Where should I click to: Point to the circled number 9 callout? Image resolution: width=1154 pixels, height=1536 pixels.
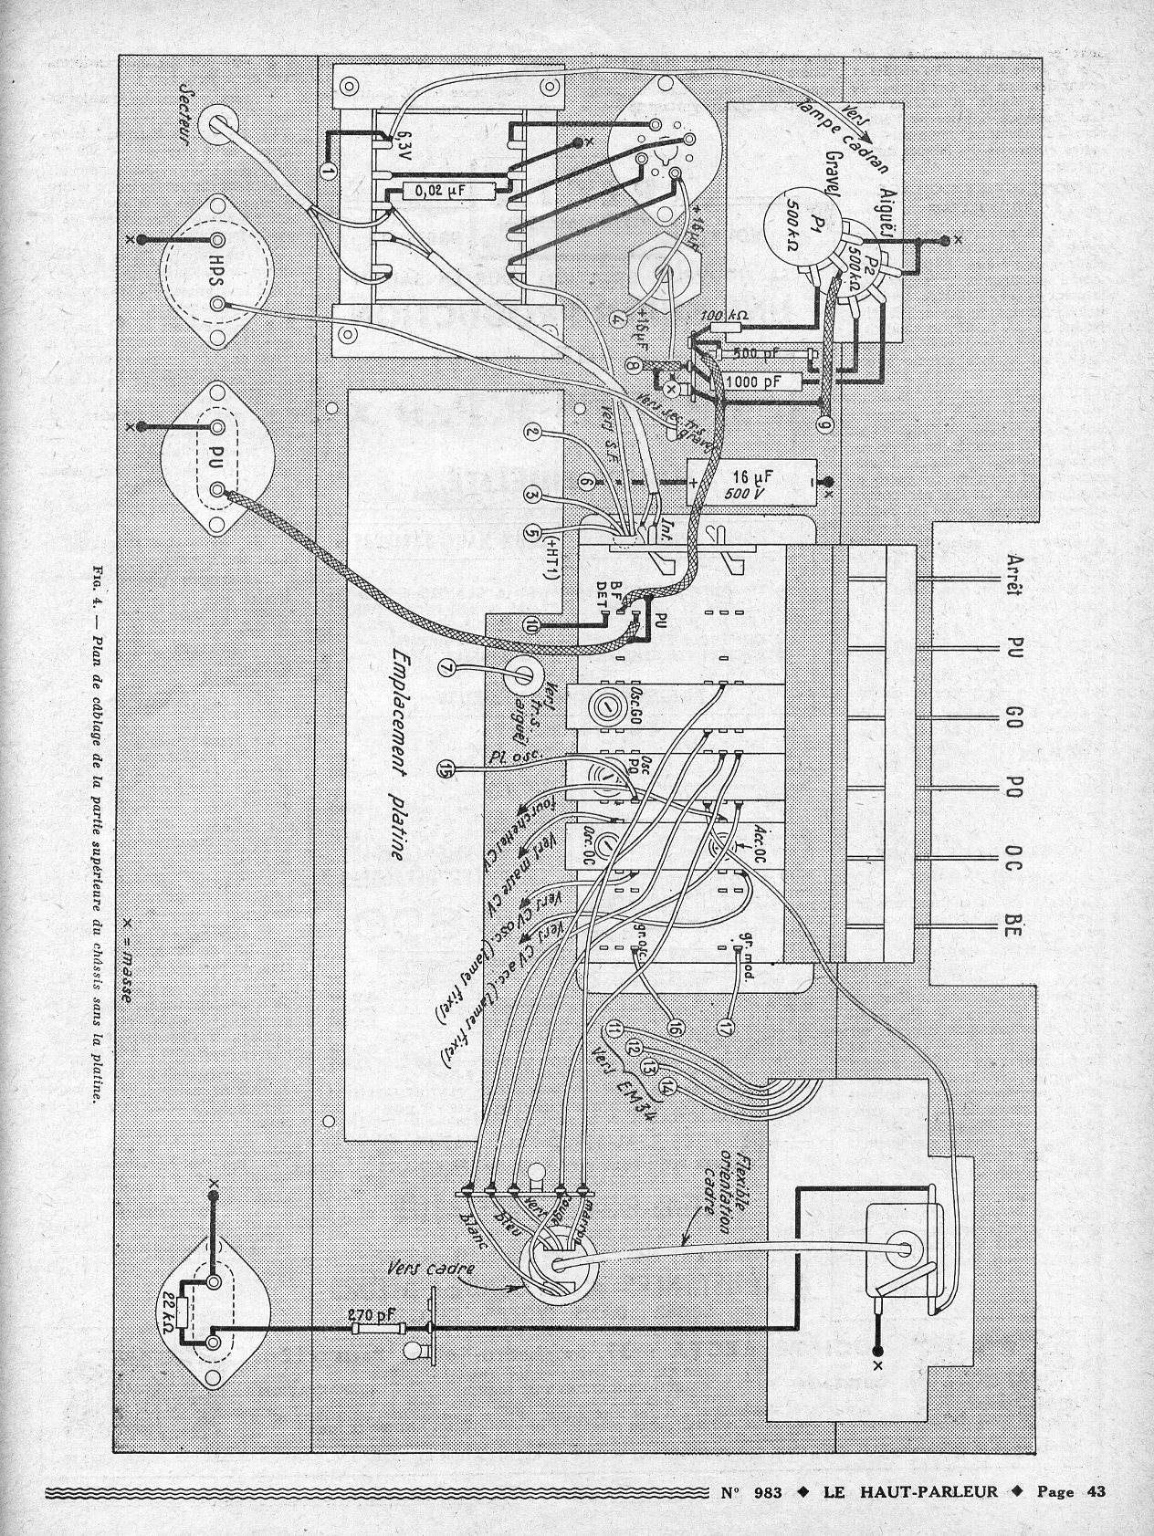[x=824, y=424]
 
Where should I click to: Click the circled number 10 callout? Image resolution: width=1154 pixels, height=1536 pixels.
[x=533, y=624]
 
